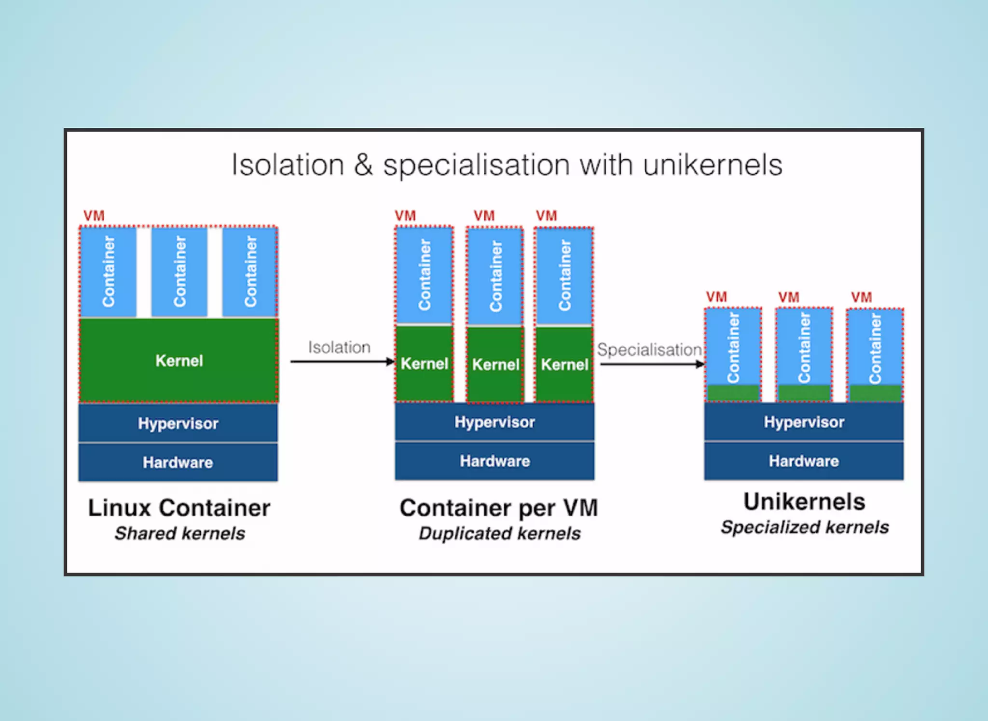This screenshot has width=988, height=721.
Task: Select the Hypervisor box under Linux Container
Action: tap(178, 423)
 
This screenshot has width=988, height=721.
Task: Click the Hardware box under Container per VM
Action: tap(494, 461)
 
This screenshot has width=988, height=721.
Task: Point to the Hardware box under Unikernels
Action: tap(804, 461)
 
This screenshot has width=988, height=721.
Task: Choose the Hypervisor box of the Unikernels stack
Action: tap(804, 422)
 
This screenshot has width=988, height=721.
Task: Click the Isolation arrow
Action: tap(343, 361)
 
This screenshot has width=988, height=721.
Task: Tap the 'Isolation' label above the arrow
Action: tap(339, 347)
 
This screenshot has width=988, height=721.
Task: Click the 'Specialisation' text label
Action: tap(649, 349)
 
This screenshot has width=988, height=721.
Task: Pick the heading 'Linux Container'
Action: tap(179, 508)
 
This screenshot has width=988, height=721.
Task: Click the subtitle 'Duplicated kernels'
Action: tap(499, 533)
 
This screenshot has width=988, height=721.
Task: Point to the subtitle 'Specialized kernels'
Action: tap(805, 527)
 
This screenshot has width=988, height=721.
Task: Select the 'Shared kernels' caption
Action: tap(179, 533)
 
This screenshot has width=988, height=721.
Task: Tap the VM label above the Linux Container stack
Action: tap(94, 216)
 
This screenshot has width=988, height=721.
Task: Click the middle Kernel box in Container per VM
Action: tap(495, 364)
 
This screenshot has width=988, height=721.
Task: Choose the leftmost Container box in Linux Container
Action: tap(109, 272)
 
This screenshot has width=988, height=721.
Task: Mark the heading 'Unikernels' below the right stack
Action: tap(804, 501)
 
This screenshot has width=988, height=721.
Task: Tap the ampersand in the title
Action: tap(363, 166)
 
